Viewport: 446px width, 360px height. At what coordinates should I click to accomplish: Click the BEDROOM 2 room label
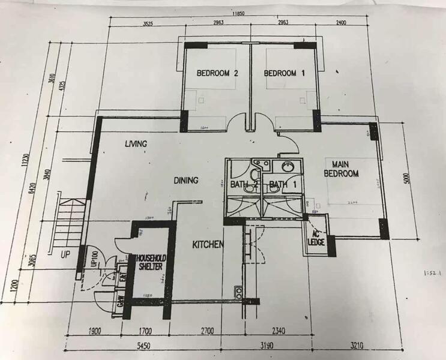coord(218,73)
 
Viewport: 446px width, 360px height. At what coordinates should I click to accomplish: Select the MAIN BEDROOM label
coord(341,169)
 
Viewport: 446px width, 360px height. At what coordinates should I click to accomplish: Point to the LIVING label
coord(136,144)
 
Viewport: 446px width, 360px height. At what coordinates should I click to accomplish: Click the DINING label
coord(185,180)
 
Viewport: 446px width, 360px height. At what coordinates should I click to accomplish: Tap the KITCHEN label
coord(208,245)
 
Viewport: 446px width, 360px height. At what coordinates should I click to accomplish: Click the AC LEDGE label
coord(316,238)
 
